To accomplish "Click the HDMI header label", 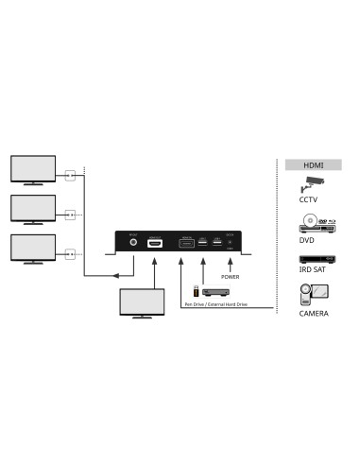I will (312, 165).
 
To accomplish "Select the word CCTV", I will (309, 200).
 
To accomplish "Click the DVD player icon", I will (312, 223).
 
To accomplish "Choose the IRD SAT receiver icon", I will (312, 259).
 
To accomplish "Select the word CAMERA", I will (312, 313).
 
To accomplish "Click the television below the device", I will (141, 303).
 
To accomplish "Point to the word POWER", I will (231, 277).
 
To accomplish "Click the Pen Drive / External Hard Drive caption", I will (215, 305).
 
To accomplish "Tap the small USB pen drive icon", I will (196, 289).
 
